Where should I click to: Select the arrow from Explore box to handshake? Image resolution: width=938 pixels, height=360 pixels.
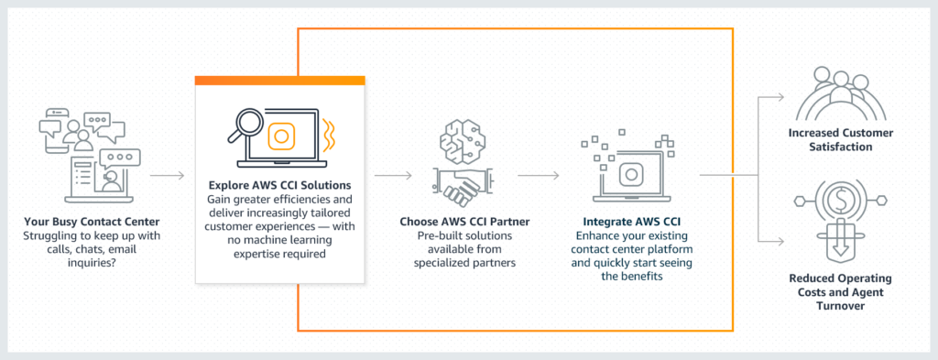click(392, 173)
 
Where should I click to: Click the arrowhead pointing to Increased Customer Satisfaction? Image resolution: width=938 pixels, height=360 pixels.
click(781, 96)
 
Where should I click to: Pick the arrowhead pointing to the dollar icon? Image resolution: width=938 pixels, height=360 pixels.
click(781, 240)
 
